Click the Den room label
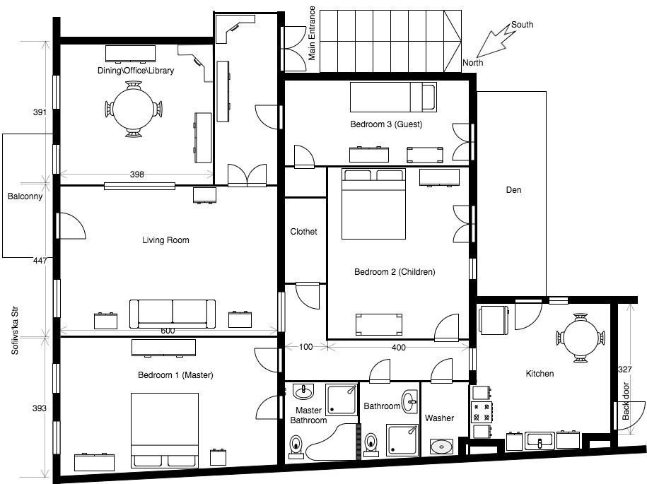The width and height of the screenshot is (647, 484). coord(514,190)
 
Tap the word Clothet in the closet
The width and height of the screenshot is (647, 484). coord(303,232)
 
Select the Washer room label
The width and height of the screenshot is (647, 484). coord(439,418)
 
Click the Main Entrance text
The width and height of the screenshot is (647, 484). coord(312,33)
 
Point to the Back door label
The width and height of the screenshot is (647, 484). coord(626,401)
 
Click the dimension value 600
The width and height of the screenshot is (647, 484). coord(168,331)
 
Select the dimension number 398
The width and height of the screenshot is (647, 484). coord(137,175)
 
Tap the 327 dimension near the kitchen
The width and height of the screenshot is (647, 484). coord(624,370)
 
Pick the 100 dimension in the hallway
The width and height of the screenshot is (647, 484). coord(305,347)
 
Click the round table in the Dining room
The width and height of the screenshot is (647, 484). coord(134,110)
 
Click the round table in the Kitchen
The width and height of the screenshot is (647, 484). coord(581,338)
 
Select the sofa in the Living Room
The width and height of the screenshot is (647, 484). coord(173,314)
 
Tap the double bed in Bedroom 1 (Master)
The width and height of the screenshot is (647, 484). coord(165,430)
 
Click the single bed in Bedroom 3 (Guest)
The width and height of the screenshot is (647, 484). coord(393,97)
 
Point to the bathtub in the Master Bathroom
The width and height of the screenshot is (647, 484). coord(330,442)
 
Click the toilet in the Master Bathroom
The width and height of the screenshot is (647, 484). coord(296,447)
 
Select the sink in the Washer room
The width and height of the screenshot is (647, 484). coord(441,447)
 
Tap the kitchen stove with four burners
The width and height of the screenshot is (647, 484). coord(482,412)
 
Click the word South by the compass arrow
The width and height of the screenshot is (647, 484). coord(522,25)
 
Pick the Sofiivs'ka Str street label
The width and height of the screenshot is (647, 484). coord(15,331)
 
